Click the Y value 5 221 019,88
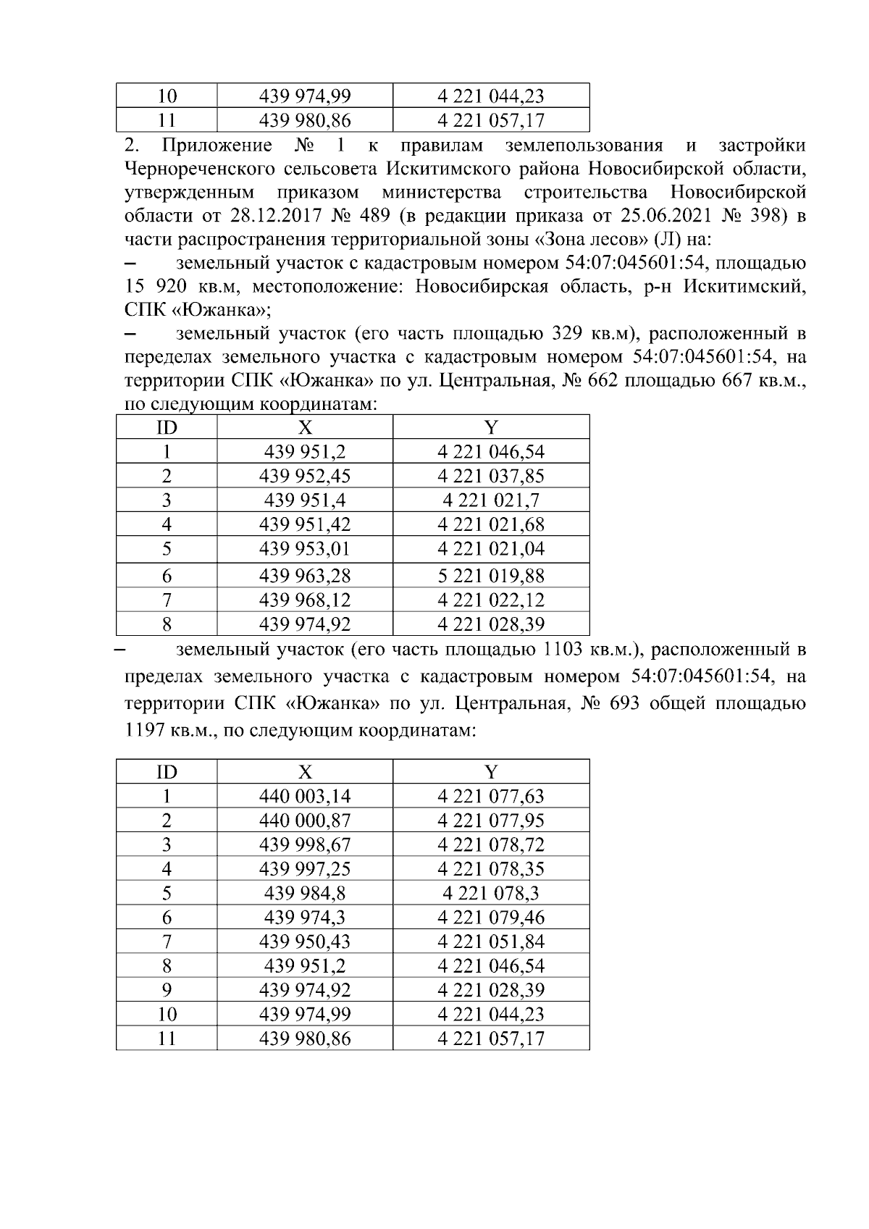[x=490, y=576]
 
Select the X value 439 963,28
[x=304, y=576]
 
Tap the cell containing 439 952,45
[x=304, y=477]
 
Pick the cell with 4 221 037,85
[x=490, y=477]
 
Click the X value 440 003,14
[x=304, y=797]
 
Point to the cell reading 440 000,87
[x=304, y=821]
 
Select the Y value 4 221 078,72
[x=490, y=845]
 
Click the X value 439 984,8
[x=304, y=894]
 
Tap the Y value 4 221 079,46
[x=490, y=918]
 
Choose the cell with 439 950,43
[x=304, y=941]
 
